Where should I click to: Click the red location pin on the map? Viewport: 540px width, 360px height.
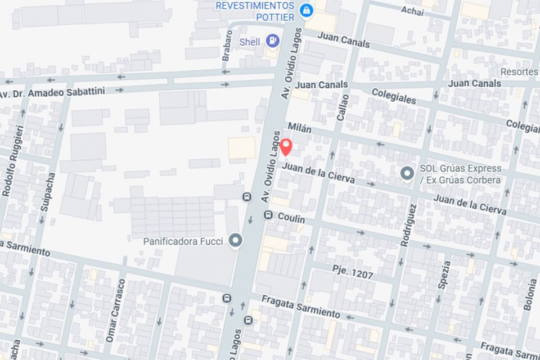coord(286,147)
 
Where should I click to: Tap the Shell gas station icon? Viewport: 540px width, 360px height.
coord(272,40)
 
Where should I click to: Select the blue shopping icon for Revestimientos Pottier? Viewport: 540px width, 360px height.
coord(306,11)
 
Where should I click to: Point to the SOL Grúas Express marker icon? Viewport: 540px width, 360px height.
coord(407,174)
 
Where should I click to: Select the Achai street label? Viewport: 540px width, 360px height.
coord(412,10)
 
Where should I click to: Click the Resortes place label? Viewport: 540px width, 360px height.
coord(519,72)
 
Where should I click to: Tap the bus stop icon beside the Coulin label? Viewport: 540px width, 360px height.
coord(268,215)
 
